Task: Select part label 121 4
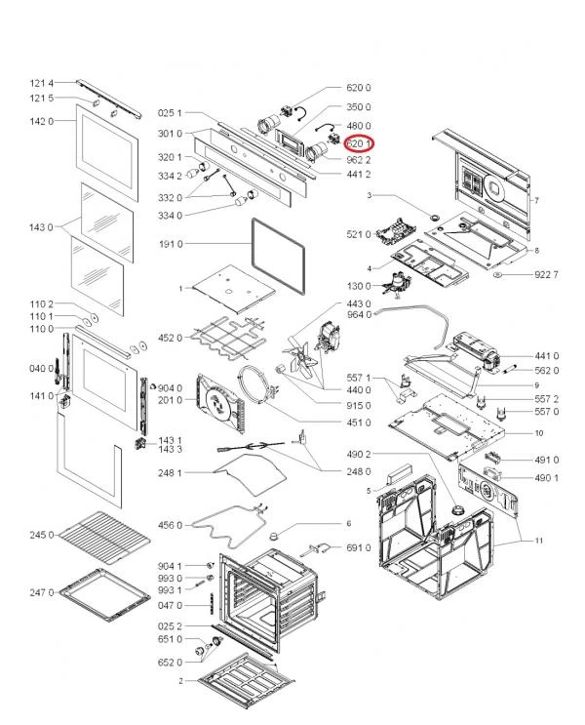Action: [40, 83]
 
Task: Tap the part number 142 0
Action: [40, 121]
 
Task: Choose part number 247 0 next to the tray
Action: [40, 592]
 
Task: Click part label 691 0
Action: [359, 548]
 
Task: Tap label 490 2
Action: [359, 455]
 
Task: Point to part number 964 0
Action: [359, 314]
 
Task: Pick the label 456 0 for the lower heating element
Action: [170, 525]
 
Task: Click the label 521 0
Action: [359, 234]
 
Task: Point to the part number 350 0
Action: [359, 106]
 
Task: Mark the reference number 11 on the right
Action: [537, 540]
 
